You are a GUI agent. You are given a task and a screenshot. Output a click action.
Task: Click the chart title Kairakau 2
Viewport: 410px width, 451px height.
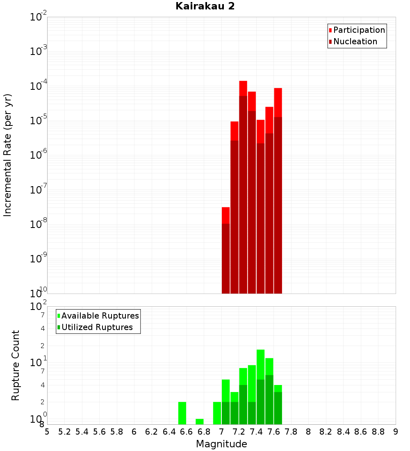point(205,6)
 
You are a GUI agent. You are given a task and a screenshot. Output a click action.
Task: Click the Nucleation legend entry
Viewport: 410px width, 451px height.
point(355,41)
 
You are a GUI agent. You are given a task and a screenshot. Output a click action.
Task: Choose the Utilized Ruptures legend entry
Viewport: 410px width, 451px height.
point(97,327)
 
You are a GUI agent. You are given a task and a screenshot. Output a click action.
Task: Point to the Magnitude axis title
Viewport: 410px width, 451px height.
point(221,444)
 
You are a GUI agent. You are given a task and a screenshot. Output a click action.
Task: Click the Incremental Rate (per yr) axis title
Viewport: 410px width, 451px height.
point(8,155)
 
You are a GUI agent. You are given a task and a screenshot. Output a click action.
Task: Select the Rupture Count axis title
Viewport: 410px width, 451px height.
point(16,365)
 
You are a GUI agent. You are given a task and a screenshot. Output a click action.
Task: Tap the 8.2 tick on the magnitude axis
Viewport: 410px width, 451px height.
point(326,432)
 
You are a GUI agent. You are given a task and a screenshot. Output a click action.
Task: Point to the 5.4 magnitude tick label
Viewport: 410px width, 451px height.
point(82,432)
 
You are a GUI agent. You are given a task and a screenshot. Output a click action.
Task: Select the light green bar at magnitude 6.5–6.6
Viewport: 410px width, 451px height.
point(182,413)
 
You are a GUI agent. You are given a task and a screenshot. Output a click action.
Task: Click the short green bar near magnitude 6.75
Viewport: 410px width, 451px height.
point(200,421)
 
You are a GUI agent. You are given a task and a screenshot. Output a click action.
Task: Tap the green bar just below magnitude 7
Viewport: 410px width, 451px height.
point(217,413)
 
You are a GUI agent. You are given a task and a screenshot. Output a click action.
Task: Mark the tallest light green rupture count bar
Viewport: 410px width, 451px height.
point(260,365)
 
